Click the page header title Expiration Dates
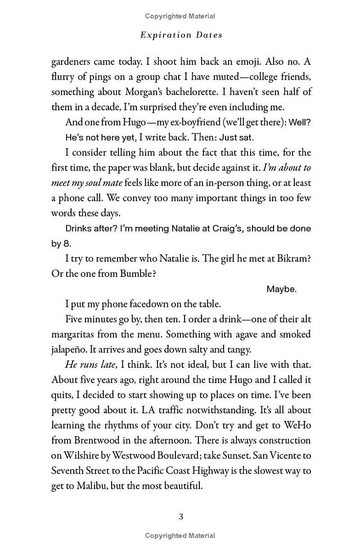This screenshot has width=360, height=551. click(x=181, y=35)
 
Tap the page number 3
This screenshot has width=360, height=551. click(x=181, y=516)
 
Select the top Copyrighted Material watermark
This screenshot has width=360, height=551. click(x=180, y=16)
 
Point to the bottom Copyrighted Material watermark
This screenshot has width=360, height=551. click(x=180, y=536)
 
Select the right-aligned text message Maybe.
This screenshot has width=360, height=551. click(x=281, y=289)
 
